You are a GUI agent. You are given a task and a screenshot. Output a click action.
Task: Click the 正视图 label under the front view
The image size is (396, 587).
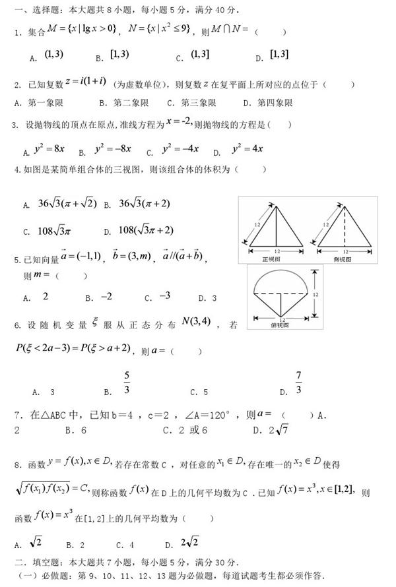[x=271, y=259]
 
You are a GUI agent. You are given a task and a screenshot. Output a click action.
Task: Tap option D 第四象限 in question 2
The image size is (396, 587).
[x=267, y=103]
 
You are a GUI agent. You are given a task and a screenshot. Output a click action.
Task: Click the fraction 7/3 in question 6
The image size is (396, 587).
[x=298, y=383]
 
